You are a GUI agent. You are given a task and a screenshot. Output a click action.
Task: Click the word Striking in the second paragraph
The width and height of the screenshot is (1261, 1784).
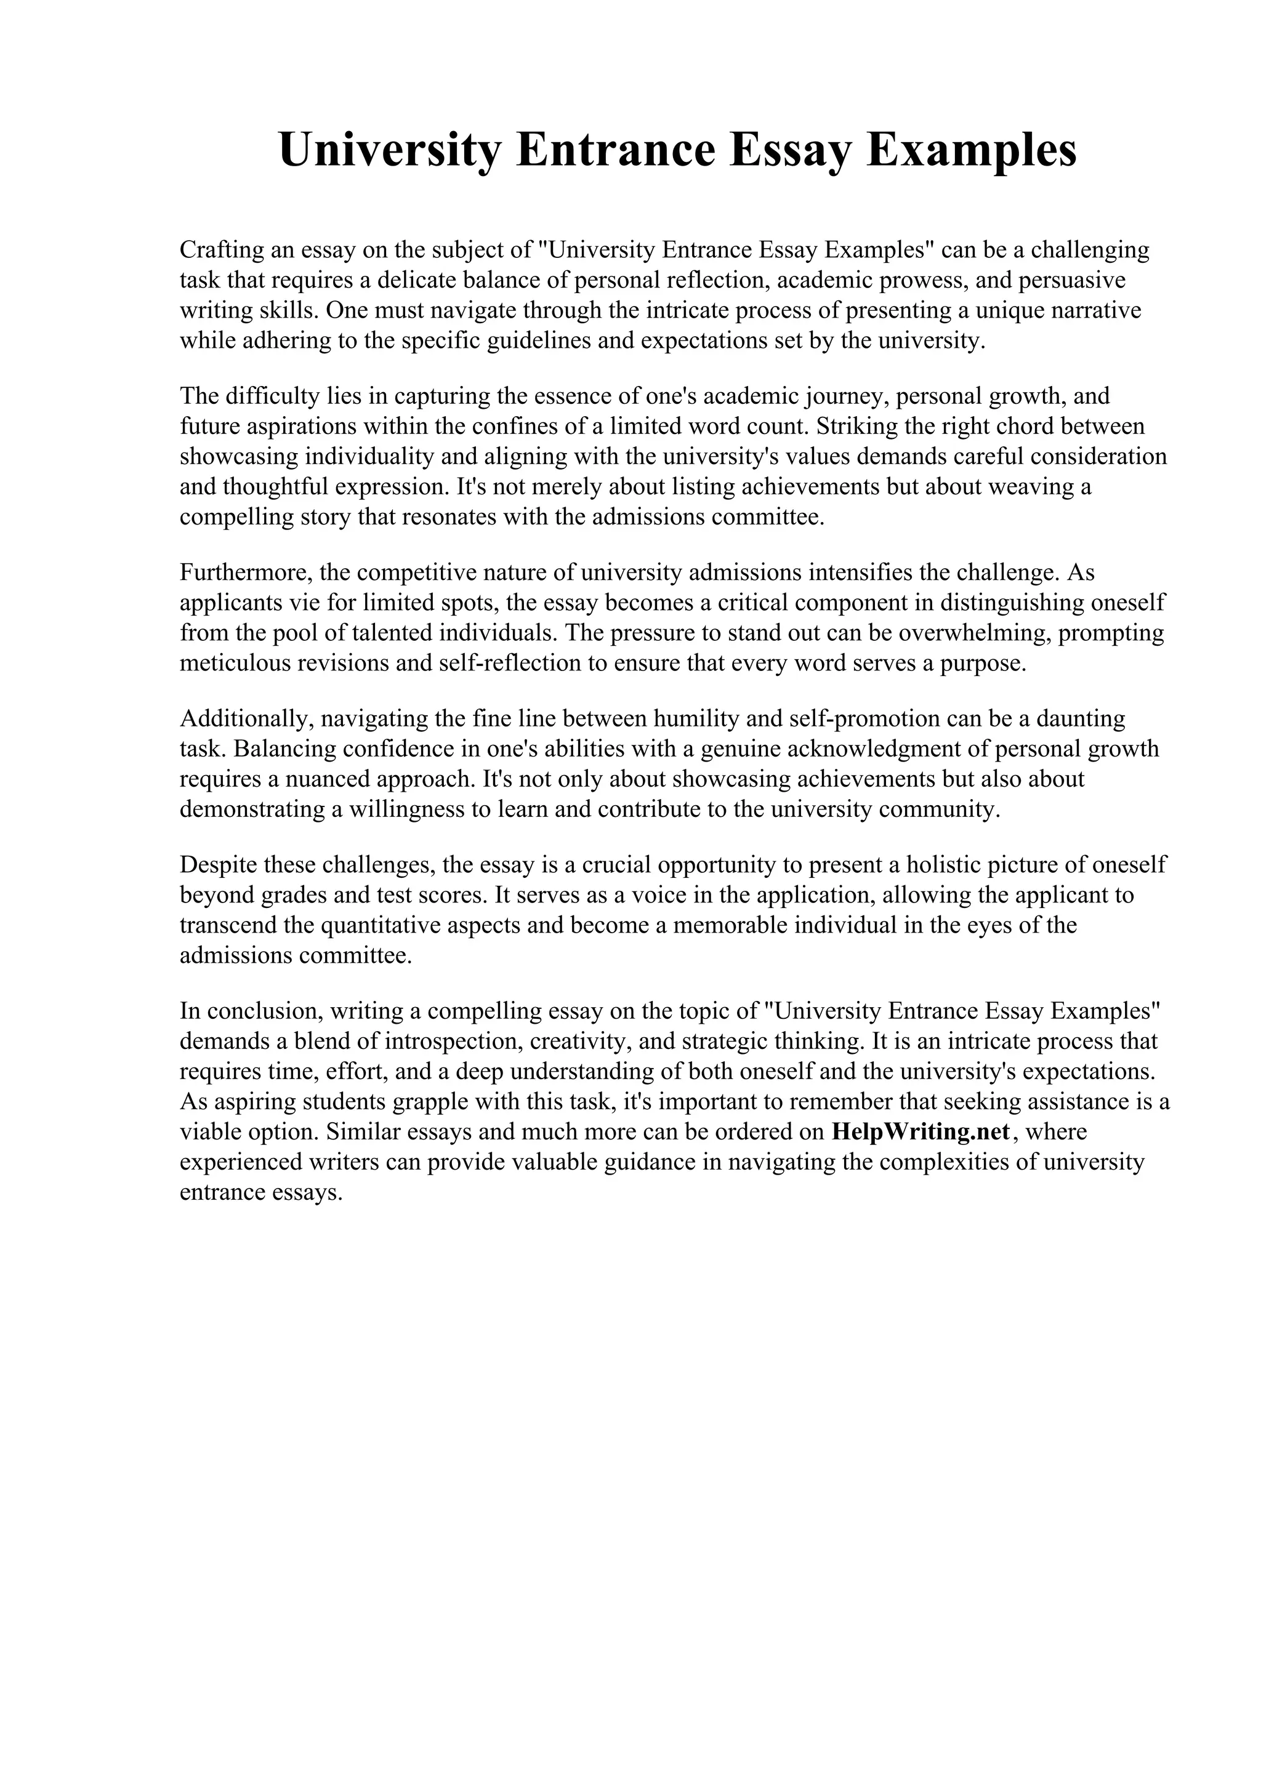tap(860, 426)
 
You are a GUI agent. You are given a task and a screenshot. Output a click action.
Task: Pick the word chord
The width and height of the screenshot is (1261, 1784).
tap(1032, 426)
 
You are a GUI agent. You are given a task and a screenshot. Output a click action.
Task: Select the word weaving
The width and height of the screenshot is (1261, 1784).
tap(1027, 486)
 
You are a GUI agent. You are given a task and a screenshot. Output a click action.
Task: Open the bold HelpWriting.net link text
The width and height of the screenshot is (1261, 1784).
tap(920, 1132)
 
